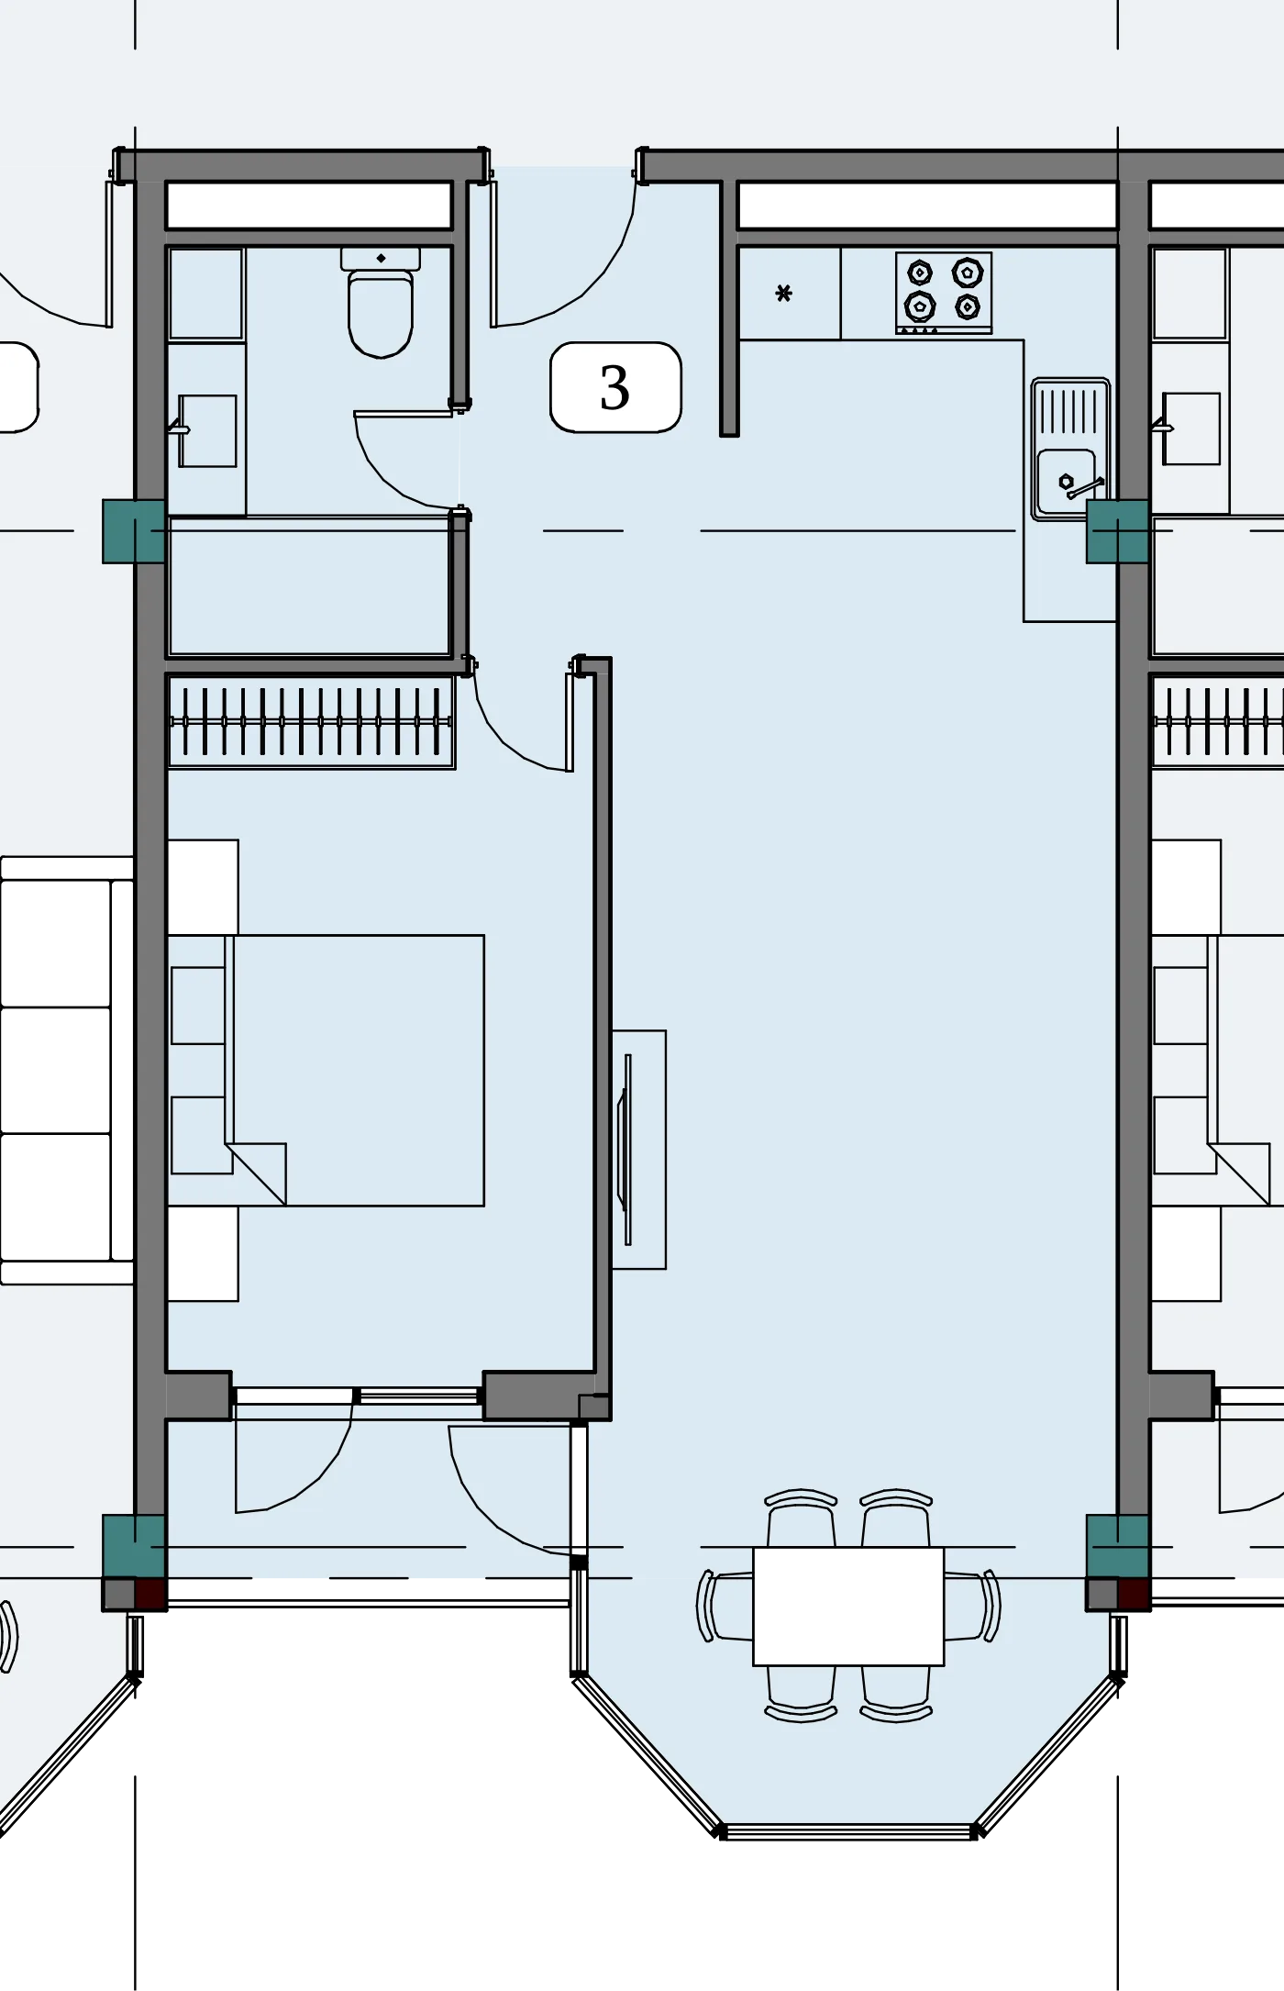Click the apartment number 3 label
614,387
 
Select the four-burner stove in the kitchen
944,292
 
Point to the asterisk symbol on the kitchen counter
783,294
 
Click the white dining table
848,1606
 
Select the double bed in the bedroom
326,1070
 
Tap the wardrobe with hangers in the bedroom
311,722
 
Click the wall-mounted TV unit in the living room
638,1150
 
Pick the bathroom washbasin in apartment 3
207,431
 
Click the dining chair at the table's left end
725,1606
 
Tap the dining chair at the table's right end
973,1606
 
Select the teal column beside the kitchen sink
1117,531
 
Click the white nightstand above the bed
203,887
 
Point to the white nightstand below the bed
203,1253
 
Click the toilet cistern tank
381,258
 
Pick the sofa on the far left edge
67,1070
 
